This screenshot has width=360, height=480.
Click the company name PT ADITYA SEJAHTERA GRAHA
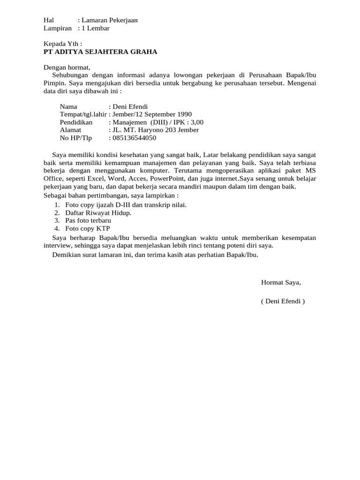[x=100, y=52]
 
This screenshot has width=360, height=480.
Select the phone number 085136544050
[x=134, y=138]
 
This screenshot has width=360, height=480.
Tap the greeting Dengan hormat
[x=66, y=67]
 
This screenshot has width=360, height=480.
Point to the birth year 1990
[x=183, y=114]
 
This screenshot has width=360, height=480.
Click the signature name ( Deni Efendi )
[x=283, y=301]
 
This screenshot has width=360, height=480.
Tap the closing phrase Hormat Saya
[x=281, y=282]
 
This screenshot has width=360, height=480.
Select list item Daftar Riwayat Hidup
[x=98, y=213]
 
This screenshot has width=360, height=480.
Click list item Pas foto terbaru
[x=88, y=221]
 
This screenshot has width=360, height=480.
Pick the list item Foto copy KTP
[x=87, y=229]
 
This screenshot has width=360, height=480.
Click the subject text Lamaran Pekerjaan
[x=109, y=20]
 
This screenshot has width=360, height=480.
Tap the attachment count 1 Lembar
[x=95, y=28]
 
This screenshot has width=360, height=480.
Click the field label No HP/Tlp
[x=76, y=138]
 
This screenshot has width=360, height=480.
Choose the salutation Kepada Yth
[x=62, y=44]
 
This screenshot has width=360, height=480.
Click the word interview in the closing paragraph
[x=57, y=246]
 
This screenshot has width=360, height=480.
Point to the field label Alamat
[x=71, y=130]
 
